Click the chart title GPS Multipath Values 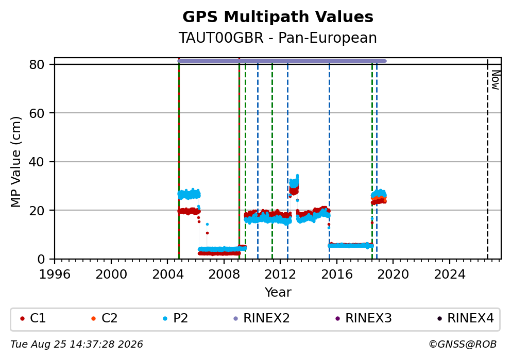point(278,17)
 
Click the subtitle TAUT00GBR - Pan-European point(278,38)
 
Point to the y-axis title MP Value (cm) point(15,162)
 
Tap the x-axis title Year point(278,292)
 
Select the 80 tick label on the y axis point(37,64)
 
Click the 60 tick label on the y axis point(37,113)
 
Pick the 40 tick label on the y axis point(37,162)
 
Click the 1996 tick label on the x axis point(55,275)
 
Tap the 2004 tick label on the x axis point(167,275)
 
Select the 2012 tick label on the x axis point(280,275)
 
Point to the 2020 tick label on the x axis point(393,275)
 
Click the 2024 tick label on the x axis point(449,275)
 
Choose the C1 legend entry point(33,318)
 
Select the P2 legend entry point(176,318)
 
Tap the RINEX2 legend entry point(262,318)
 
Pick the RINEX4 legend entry point(466,318)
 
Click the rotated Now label point(496,80)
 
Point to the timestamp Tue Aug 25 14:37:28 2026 point(77,345)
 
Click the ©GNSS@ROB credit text point(463,345)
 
